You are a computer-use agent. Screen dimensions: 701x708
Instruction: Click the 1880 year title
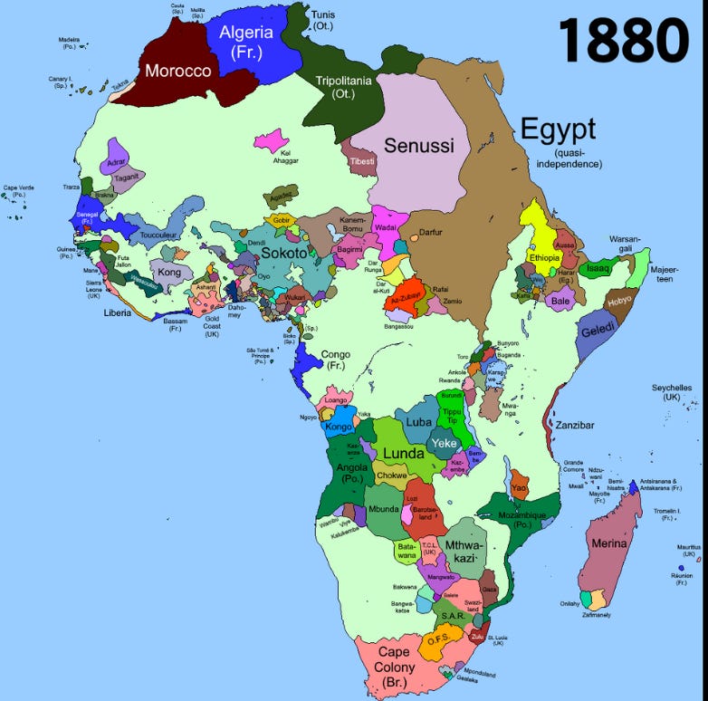[623, 40]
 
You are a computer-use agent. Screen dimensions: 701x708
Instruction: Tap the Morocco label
[178, 71]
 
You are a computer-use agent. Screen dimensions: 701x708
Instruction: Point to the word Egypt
[557, 129]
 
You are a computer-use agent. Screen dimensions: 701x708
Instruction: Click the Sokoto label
[284, 254]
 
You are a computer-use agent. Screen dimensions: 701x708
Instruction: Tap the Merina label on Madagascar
[608, 543]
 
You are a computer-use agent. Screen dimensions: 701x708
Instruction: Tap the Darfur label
[430, 233]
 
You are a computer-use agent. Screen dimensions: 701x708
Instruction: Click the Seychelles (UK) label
[671, 392]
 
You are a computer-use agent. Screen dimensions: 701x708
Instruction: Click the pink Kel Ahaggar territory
[270, 140]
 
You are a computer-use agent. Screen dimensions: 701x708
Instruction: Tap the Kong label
[169, 272]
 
